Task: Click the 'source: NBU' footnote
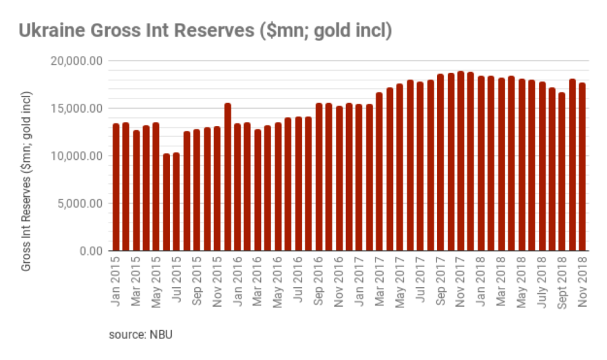click(x=141, y=334)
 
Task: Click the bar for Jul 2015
click(x=177, y=202)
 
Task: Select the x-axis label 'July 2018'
click(x=542, y=282)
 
